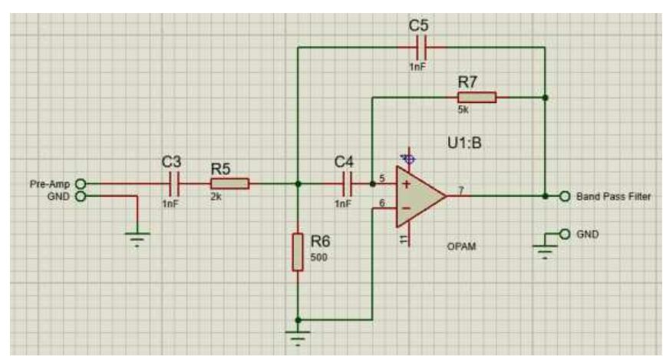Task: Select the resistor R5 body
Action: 229,184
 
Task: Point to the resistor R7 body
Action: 476,97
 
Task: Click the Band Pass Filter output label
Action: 615,196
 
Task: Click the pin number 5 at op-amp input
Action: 381,180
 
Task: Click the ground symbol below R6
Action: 298,334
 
